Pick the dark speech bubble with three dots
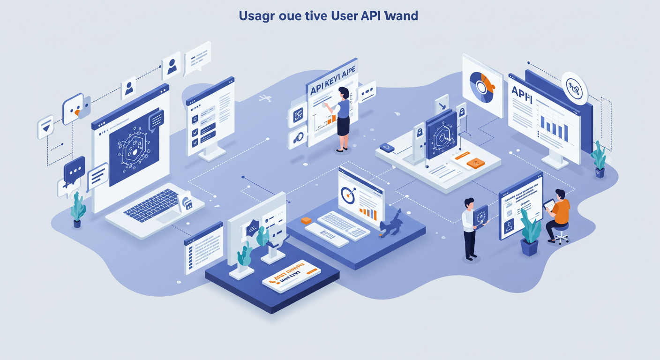75,169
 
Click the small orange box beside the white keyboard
306,220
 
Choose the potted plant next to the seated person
530,232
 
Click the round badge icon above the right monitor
575,88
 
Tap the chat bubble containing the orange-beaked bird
74,109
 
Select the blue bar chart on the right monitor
554,126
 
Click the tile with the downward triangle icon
45,127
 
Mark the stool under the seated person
561,234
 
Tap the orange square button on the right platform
476,163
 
